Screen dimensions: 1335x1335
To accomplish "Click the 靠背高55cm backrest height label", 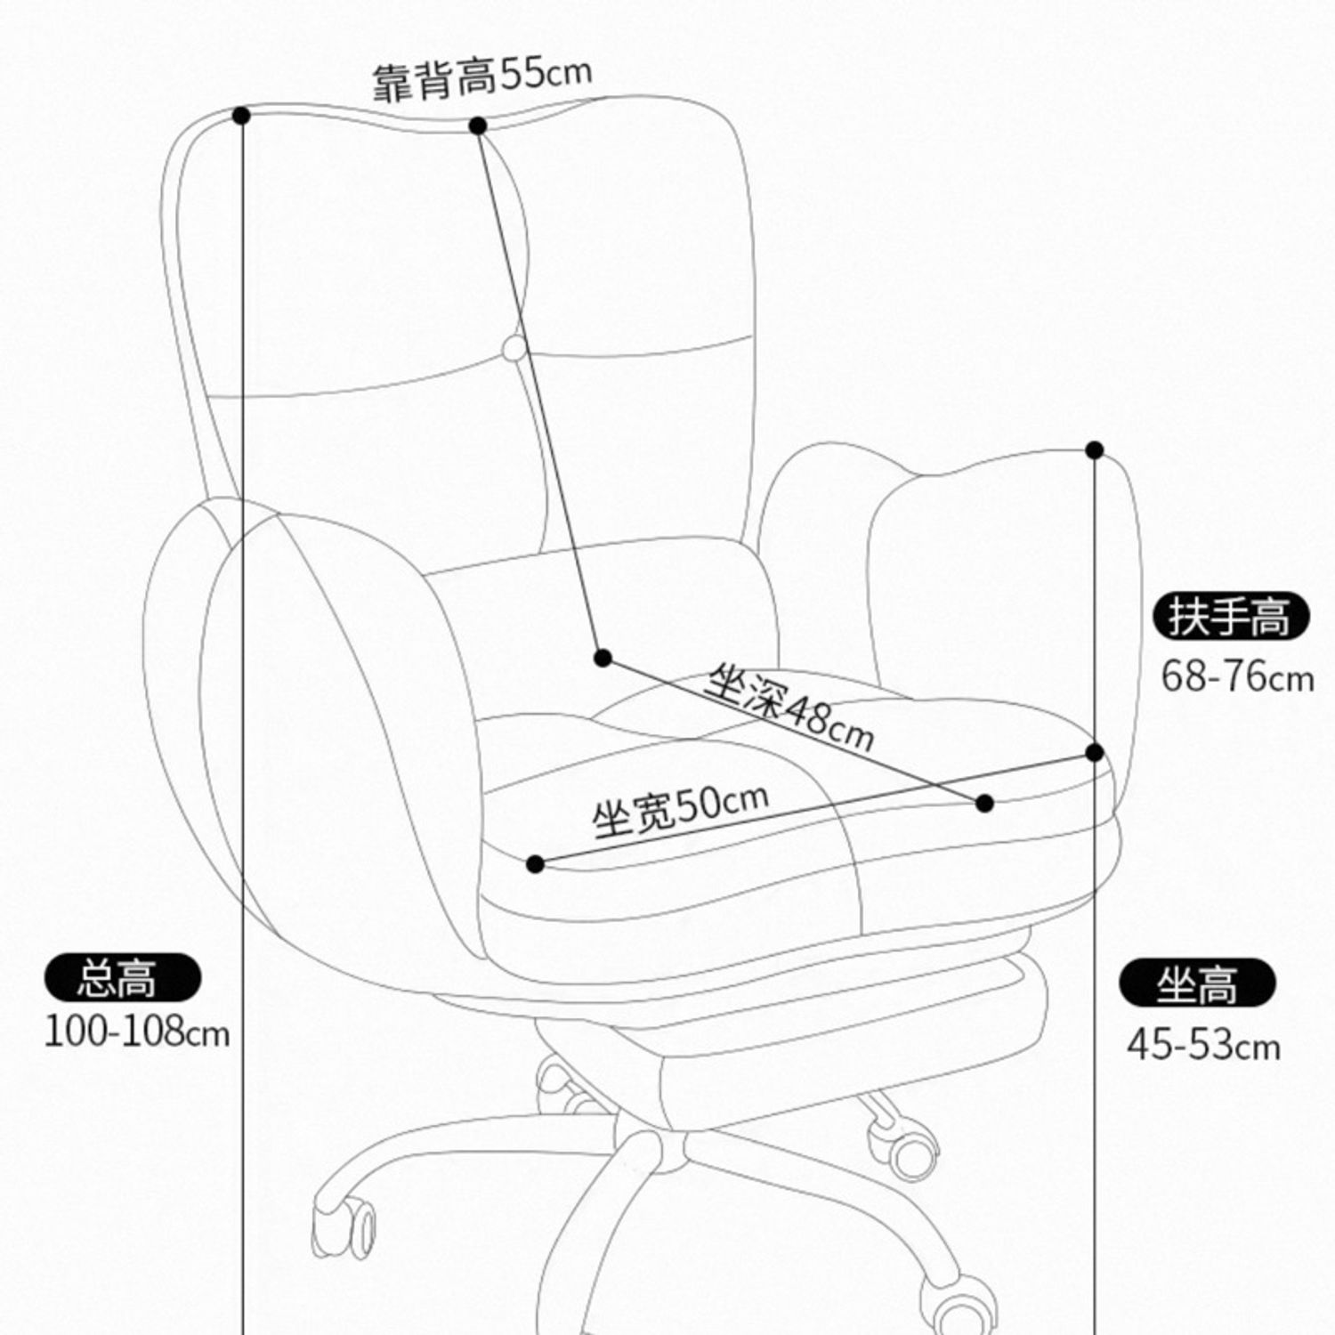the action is [481, 78].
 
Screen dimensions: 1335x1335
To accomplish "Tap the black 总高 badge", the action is [123, 977].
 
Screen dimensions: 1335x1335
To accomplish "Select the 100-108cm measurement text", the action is [137, 1032].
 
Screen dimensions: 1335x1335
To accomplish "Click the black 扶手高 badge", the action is [1231, 616].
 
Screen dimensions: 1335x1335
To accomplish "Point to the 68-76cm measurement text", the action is [1237, 676].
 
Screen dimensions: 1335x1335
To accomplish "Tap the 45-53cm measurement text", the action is [1203, 1045].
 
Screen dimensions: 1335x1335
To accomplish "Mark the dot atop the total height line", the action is [241, 116].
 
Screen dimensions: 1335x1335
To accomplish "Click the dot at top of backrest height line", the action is [478, 125].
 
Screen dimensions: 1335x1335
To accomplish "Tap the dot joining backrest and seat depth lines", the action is [603, 659].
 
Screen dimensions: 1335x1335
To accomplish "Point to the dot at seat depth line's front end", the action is [984, 803].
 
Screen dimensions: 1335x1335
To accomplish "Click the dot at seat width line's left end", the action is [535, 863].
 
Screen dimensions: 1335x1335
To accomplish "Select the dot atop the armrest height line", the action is [1095, 450].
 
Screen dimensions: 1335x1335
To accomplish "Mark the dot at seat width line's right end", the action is [1095, 753].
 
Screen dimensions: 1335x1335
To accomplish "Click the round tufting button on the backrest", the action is [514, 349].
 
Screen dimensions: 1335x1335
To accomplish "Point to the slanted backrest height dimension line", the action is [540, 392].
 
